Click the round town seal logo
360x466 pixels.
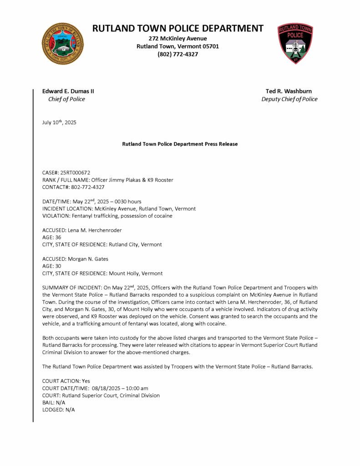click(62, 44)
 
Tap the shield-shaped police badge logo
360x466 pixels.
click(295, 44)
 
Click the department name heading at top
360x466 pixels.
click(178, 28)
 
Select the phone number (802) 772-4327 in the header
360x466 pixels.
click(178, 55)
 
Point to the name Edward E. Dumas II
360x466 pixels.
click(68, 91)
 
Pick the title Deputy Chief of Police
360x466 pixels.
click(289, 99)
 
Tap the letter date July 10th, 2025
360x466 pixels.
click(59, 122)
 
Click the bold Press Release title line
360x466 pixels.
click(180, 144)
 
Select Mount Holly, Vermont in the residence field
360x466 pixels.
click(135, 274)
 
